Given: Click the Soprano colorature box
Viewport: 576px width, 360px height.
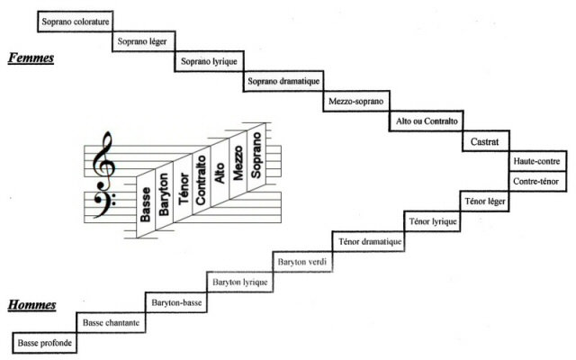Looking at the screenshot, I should [76, 20].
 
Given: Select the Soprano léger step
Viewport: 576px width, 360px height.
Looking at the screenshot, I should [144, 41].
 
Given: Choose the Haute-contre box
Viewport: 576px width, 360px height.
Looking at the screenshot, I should [536, 161].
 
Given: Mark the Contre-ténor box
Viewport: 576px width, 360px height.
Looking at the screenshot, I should [536, 182].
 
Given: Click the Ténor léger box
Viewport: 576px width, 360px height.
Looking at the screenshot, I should [485, 201].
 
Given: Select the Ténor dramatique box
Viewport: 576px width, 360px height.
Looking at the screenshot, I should [371, 241].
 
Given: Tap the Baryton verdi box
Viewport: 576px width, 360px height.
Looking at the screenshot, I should [303, 262].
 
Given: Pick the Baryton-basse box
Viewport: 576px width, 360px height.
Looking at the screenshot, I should [176, 302].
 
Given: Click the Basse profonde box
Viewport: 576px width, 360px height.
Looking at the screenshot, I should [44, 343].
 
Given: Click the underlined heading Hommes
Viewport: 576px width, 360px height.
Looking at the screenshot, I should [32, 305].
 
